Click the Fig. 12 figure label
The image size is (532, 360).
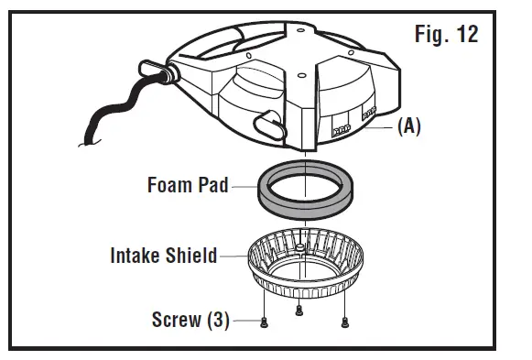click(445, 37)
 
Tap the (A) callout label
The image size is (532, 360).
click(408, 127)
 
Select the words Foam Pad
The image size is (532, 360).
click(188, 184)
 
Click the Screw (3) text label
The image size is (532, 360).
click(190, 321)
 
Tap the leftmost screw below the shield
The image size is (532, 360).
click(264, 322)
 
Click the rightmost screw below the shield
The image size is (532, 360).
click(345, 322)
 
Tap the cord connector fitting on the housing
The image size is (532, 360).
click(152, 71)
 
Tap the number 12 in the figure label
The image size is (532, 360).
click(466, 37)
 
